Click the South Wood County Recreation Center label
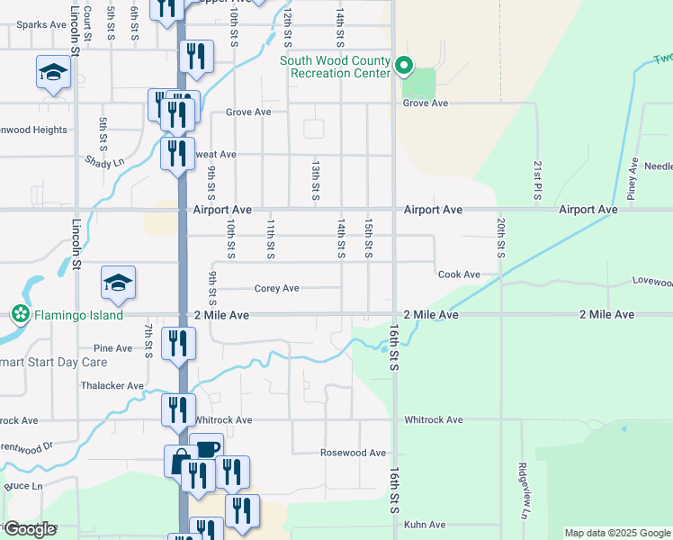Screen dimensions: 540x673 tap(335, 67)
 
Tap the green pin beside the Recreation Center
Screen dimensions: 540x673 tap(405, 65)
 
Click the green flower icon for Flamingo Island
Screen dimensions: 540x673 tap(18, 315)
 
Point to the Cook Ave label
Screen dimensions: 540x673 tap(459, 274)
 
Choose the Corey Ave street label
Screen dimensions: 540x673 tap(276, 289)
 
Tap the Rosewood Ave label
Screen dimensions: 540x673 tap(353, 453)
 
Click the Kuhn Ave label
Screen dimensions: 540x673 tap(425, 525)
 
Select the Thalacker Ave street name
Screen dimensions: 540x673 tap(112, 386)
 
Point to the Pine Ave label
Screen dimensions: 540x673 tap(112, 348)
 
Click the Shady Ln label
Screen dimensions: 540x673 tap(106, 163)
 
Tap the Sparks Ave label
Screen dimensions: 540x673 tap(36, 25)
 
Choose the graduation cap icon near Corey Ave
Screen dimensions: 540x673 tap(118, 282)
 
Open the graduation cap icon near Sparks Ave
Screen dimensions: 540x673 tap(53, 71)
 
